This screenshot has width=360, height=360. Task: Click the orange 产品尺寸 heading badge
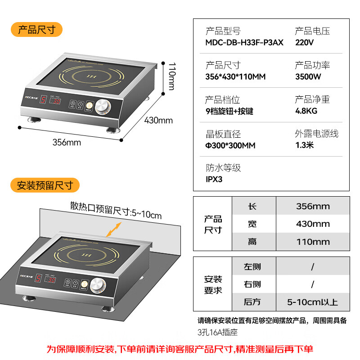[36, 30]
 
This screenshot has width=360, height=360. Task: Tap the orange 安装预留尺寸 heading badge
[45, 185]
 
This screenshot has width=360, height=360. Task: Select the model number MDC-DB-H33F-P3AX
[244, 43]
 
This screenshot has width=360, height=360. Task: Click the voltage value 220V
[304, 43]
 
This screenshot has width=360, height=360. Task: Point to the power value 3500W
[308, 76]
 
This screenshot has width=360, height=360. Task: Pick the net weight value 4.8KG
[306, 111]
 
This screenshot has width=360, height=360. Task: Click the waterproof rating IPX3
[214, 179]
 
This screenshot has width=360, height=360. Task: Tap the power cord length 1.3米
[305, 145]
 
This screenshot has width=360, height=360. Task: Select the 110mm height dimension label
[171, 76]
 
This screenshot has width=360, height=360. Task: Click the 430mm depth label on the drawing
[158, 120]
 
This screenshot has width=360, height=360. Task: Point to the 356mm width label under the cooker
[67, 143]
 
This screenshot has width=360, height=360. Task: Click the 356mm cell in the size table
[313, 207]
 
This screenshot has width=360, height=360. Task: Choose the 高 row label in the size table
[252, 242]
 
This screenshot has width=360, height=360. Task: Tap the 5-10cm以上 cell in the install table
[313, 302]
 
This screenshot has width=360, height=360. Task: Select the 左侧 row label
[252, 267]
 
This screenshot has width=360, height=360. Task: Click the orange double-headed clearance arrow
[114, 228]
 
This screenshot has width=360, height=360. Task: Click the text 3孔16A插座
[217, 333]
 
